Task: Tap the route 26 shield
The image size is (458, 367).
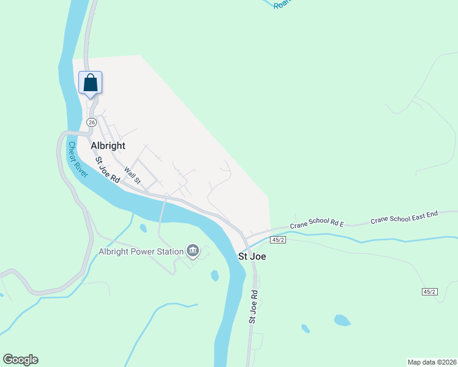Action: click(x=91, y=122)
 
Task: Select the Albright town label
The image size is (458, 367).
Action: click(x=108, y=146)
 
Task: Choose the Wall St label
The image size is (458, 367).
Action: click(x=132, y=176)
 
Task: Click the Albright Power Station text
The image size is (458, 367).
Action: click(x=141, y=251)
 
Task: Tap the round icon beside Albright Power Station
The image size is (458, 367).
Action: click(x=193, y=250)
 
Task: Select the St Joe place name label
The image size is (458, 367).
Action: click(x=251, y=257)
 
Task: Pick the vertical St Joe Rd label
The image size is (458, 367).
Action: click(x=253, y=306)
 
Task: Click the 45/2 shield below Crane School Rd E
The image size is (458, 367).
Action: click(x=279, y=240)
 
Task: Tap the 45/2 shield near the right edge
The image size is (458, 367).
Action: click(x=430, y=292)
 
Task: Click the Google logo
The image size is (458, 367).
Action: click(x=20, y=360)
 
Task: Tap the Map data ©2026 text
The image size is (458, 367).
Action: click(x=431, y=361)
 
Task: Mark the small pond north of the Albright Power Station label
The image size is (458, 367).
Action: click(x=143, y=228)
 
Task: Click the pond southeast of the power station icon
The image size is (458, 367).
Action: click(x=215, y=275)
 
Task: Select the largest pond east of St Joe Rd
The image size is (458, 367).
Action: click(x=342, y=320)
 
